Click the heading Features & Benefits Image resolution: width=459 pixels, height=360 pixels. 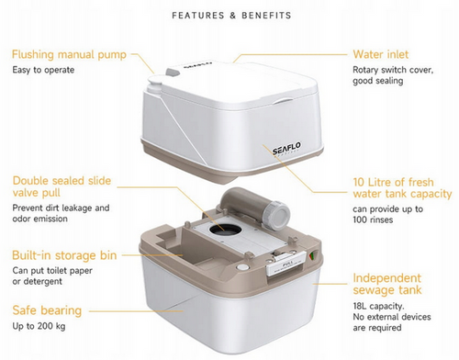[x=231, y=16]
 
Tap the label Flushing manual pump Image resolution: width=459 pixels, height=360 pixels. [x=69, y=54]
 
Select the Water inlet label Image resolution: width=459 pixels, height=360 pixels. [x=381, y=54]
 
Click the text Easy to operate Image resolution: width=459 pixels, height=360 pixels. [x=43, y=70]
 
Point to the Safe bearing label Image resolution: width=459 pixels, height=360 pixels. [x=47, y=310]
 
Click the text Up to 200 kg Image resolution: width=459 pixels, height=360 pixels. [x=39, y=326]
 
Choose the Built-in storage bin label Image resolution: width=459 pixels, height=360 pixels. [x=64, y=255]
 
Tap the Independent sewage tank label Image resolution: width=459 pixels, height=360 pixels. [x=387, y=284]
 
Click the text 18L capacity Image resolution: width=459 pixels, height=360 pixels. [x=378, y=306]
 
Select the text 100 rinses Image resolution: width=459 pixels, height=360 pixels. [x=373, y=219]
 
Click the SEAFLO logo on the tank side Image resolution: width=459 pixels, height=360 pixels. [x=286, y=149]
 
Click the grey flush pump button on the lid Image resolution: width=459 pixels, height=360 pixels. [x=173, y=73]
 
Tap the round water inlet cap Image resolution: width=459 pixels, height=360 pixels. [x=154, y=85]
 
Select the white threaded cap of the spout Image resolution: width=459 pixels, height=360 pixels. [x=277, y=216]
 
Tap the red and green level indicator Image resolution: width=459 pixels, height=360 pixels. [x=313, y=255]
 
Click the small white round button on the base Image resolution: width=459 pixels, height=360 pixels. [x=243, y=267]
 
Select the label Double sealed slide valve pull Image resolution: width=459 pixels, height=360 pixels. [x=62, y=186]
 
